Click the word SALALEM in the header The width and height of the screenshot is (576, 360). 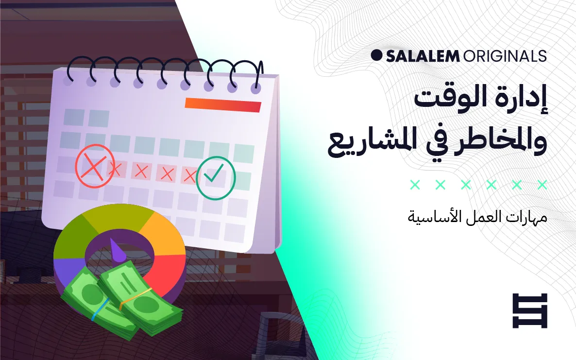(x=423, y=56)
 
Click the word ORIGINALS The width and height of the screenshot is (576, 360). (x=505, y=56)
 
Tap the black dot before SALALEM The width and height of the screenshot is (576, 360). (x=376, y=55)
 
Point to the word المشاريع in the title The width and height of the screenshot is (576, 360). (x=371, y=141)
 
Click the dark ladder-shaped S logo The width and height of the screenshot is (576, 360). (x=530, y=311)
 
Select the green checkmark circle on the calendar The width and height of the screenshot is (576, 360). (x=215, y=178)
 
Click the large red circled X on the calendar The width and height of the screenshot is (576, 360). (x=94, y=166)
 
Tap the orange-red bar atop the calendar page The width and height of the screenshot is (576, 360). (x=223, y=104)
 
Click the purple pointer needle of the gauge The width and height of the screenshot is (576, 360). (x=118, y=249)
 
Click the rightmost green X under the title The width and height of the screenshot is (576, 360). (x=542, y=185)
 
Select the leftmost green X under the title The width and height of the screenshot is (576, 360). (x=415, y=185)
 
